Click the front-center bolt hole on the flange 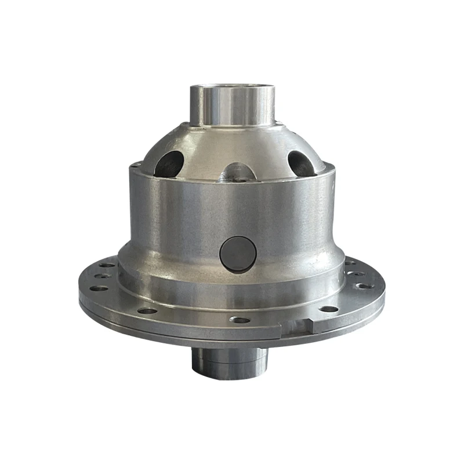239,319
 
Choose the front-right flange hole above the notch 328,309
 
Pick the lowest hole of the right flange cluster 364,285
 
